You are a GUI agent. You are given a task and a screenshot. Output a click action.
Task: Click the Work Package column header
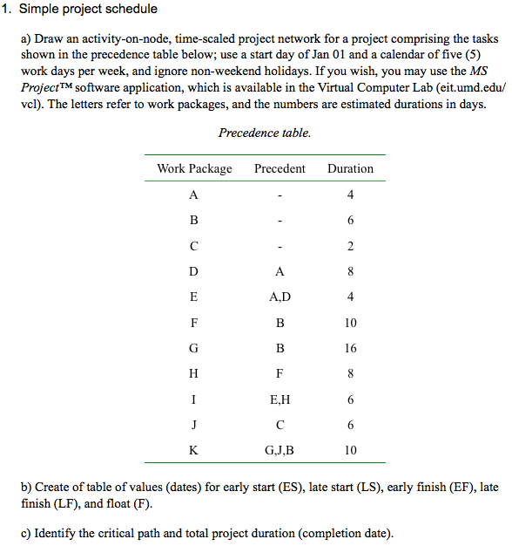point(194,168)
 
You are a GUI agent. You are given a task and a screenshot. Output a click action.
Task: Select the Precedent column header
point(280,168)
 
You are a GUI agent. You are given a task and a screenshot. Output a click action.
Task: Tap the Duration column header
point(350,168)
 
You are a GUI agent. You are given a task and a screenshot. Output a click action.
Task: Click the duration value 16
point(350,348)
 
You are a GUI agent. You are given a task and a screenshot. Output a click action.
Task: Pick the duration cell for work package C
point(350,246)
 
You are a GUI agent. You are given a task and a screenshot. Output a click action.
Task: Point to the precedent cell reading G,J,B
point(280,451)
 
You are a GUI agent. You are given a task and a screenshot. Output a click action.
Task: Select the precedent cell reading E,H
point(280,399)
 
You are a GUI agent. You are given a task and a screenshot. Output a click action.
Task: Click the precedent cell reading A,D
point(280,297)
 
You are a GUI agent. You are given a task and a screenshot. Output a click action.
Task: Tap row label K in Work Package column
point(193,451)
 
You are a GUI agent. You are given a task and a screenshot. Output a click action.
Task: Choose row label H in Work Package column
point(193,374)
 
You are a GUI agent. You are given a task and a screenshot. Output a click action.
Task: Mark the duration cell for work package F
point(350,323)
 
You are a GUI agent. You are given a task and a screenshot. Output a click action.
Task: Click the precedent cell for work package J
point(280,426)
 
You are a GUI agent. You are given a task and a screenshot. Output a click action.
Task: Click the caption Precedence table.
point(265,133)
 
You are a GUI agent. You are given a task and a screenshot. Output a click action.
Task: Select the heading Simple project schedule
point(88,10)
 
